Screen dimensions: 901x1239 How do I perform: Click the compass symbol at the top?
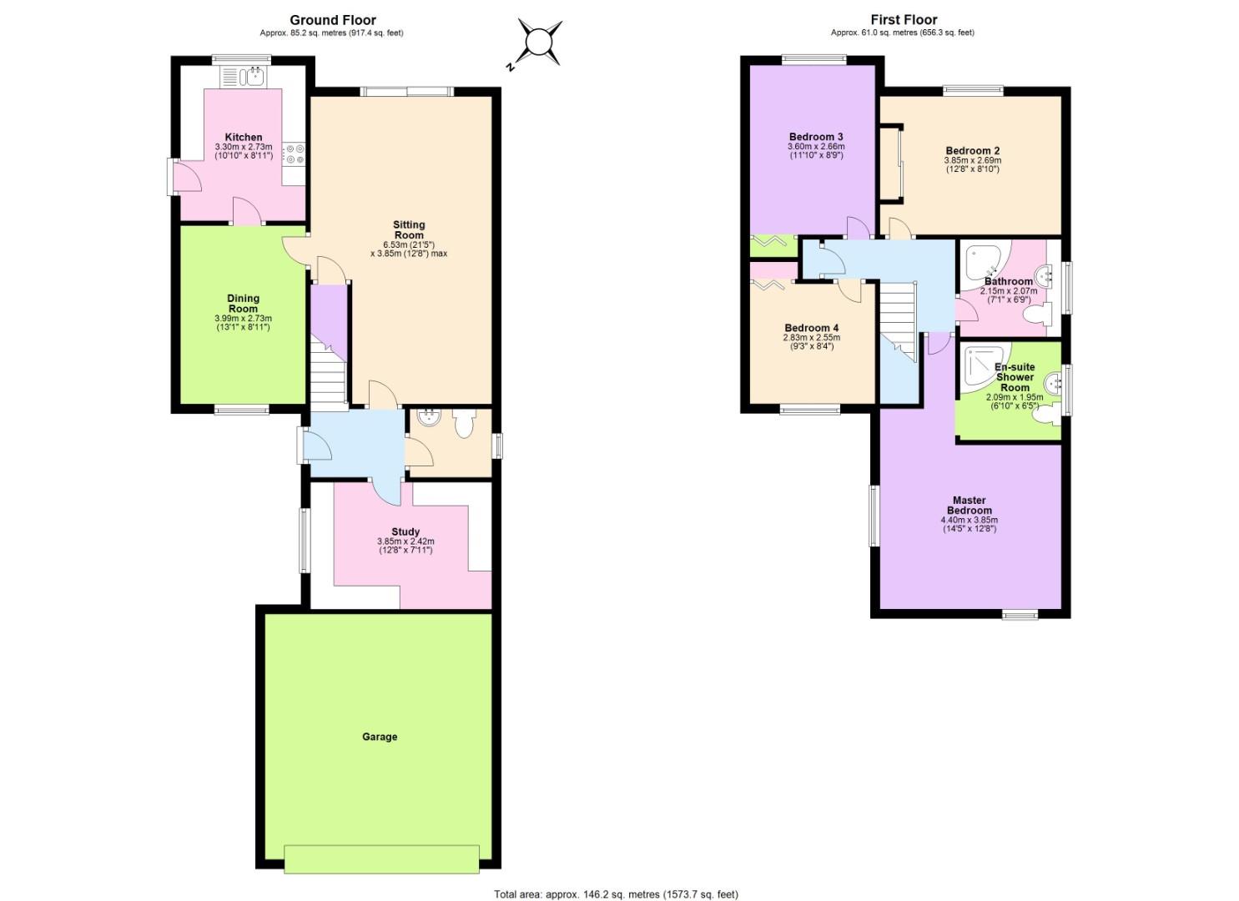pos(539,42)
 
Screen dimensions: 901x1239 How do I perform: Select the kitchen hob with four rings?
pos(295,153)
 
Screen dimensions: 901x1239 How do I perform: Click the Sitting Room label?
pos(409,229)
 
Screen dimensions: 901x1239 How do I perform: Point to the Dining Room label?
pos(244,303)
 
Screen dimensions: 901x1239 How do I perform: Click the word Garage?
pos(380,737)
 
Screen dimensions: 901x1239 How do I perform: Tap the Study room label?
pos(405,531)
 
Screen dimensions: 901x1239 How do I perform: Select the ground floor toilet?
pos(463,424)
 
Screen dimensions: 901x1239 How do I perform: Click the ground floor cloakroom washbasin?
pos(430,417)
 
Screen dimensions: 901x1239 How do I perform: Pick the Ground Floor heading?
pos(333,20)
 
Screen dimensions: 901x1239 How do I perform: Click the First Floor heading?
pos(904,20)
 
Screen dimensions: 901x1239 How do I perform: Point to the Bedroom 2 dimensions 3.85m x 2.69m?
pos(973,160)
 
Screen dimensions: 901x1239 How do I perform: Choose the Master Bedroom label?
pos(970,506)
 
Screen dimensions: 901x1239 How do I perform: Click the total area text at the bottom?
pos(616,894)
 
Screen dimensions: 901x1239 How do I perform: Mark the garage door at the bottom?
pos(381,858)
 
